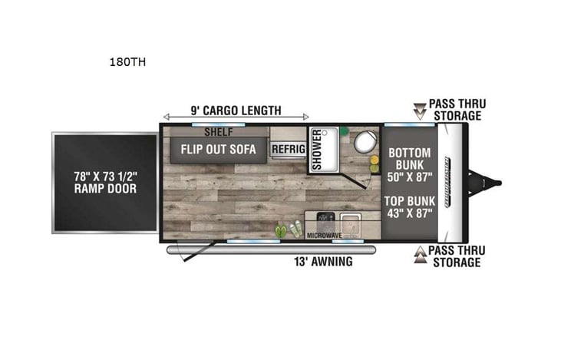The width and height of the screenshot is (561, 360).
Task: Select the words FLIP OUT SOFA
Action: coord(218,148)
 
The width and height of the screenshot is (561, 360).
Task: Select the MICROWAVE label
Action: coord(323,236)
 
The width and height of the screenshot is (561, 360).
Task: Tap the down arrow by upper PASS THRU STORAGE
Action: coord(419,110)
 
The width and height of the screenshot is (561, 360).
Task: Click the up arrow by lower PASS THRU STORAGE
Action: coord(419,256)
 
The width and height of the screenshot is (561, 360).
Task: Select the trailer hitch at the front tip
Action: coord(492,183)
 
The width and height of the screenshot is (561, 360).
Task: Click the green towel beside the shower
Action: coord(345,131)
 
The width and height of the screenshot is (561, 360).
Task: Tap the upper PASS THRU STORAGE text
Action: coord(456,110)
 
